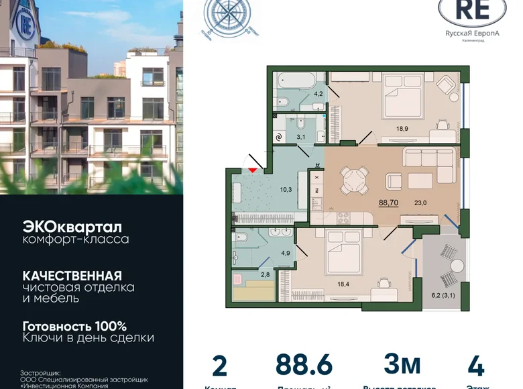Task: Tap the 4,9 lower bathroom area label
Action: (286, 252)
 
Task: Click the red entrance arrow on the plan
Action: (253, 170)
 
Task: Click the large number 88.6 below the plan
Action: (304, 366)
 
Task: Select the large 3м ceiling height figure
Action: (402, 365)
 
